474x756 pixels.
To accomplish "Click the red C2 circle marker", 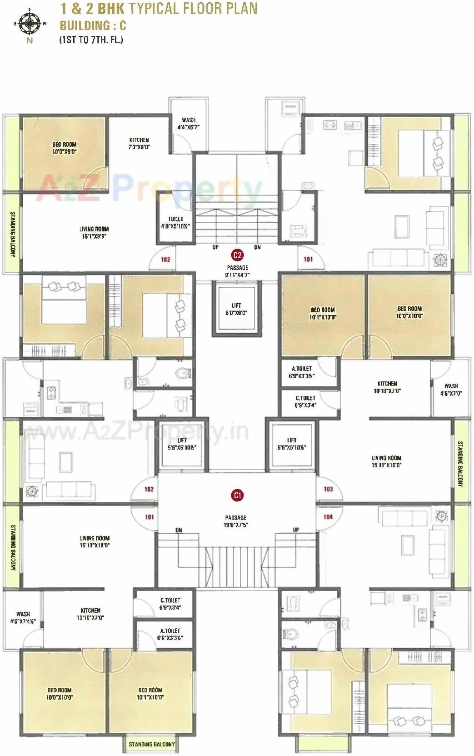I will [x=237, y=255].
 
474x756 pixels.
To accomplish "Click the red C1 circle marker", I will [x=237, y=495].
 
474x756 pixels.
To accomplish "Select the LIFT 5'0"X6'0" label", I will [x=236, y=309].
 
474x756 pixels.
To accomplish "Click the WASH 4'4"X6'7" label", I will [x=188, y=124].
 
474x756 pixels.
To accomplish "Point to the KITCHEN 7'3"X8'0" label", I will [x=139, y=143].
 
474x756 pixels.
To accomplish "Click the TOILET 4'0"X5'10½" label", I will [x=175, y=222].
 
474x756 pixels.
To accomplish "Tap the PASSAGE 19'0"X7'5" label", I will [x=235, y=521].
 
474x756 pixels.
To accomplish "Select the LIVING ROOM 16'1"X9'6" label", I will [x=94, y=232].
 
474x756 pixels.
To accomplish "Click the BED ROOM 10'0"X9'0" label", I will [x=64, y=148].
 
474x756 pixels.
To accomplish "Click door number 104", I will [x=328, y=517].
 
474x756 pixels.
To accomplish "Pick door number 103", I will [x=328, y=489].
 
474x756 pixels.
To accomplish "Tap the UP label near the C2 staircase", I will [x=215, y=247].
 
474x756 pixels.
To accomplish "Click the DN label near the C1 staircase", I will [x=179, y=530].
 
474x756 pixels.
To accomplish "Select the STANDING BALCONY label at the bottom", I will [x=151, y=744].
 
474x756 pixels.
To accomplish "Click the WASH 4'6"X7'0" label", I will [x=451, y=390].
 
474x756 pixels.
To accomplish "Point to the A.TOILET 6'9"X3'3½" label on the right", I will [x=302, y=372].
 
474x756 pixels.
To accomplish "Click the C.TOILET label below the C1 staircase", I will [x=170, y=604].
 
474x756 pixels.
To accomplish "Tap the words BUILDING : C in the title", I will [x=93, y=25].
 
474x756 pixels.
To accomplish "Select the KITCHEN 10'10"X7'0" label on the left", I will [x=90, y=614].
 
